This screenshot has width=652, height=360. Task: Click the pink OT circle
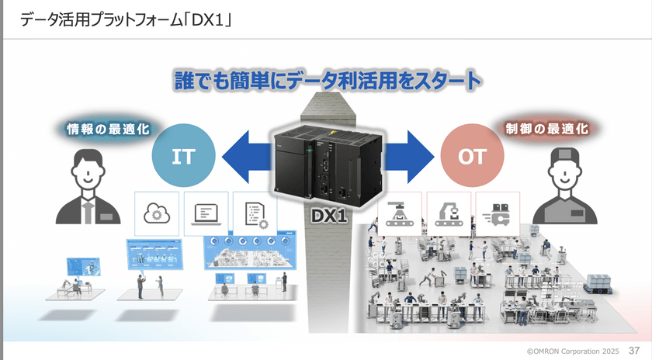(x=472, y=156)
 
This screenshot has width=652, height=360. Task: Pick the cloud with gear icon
(x=158, y=213)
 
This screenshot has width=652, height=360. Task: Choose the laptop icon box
(x=206, y=213)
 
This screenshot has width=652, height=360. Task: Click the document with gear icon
(x=255, y=213)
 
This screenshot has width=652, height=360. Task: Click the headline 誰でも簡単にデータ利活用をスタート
(x=327, y=80)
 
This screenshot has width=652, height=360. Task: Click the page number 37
(x=634, y=351)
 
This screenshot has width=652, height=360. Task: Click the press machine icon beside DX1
(x=400, y=213)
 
